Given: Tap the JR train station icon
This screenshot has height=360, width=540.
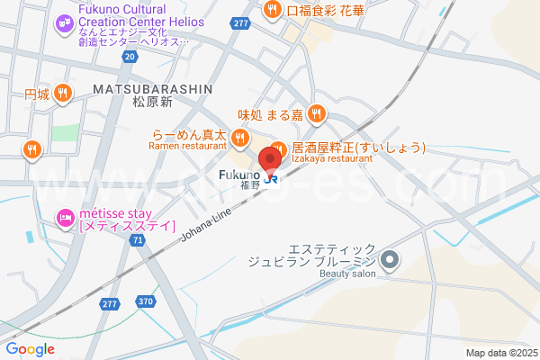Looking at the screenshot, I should (x=271, y=177).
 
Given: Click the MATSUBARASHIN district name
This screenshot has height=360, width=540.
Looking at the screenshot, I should (x=151, y=88).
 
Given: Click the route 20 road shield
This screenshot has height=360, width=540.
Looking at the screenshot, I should (x=130, y=56).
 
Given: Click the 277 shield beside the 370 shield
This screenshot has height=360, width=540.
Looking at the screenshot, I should (x=110, y=304).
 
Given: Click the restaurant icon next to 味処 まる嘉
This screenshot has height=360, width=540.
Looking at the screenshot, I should (x=316, y=113).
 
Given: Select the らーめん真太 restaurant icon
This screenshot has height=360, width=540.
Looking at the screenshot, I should (x=238, y=138).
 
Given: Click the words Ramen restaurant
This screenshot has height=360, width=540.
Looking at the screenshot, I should (x=186, y=146).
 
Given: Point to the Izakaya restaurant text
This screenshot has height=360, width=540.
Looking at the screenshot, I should (x=331, y=158).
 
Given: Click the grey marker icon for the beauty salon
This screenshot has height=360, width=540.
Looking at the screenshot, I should (x=390, y=262).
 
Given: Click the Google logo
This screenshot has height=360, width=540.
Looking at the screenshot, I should (x=30, y=349).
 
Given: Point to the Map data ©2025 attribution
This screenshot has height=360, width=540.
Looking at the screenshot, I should (x=500, y=353).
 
